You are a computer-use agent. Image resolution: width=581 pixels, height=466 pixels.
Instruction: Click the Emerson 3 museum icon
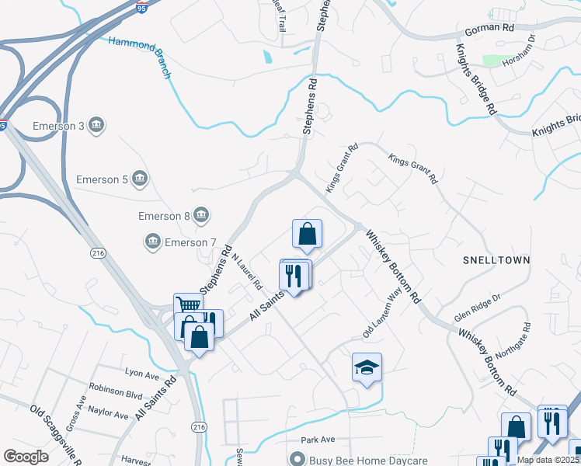click(97, 125)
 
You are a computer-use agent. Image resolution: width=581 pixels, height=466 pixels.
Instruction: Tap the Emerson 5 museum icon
click(140, 179)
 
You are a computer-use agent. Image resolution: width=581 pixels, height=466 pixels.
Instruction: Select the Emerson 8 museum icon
click(201, 214)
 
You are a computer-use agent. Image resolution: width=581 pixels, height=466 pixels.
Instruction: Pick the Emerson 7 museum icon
click(152, 242)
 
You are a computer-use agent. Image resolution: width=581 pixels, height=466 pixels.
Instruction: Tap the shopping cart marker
click(188, 305)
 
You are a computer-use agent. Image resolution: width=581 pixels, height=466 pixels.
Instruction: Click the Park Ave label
click(317, 440)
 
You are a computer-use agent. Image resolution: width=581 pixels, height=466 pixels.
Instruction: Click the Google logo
click(26, 456)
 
